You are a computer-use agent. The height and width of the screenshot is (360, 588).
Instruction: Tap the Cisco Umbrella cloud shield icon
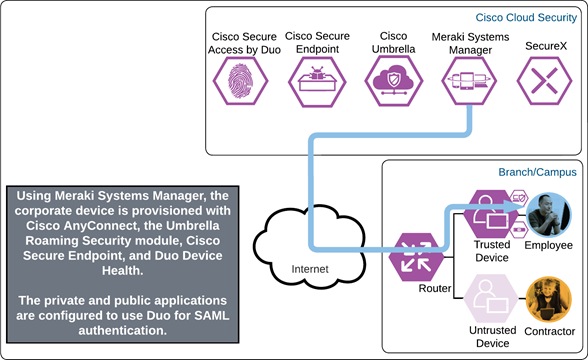click(390, 77)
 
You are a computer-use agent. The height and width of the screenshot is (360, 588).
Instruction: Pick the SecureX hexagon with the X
click(544, 77)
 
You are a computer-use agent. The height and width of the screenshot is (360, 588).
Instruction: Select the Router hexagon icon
click(412, 252)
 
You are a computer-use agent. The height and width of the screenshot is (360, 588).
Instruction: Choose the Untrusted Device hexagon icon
click(490, 299)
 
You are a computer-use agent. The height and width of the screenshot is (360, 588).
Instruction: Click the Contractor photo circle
click(548, 299)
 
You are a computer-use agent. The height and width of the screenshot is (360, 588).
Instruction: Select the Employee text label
click(548, 246)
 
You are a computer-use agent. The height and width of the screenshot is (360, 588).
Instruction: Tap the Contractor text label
click(548, 331)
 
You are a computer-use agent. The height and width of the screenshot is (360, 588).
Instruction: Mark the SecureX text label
click(544, 44)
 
